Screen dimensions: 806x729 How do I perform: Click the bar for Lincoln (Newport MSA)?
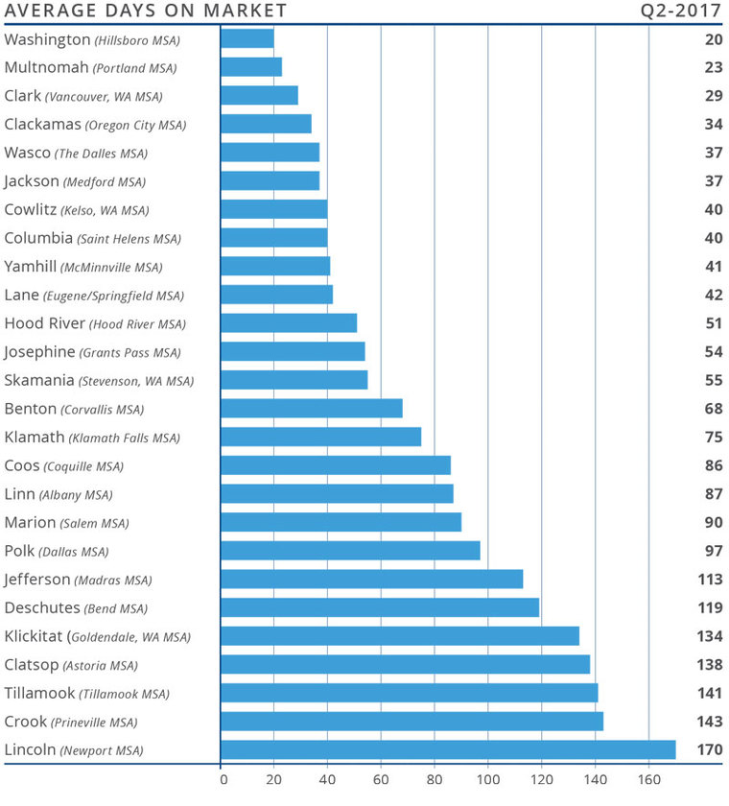click(x=448, y=749)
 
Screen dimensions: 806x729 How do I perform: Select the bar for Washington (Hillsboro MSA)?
click(x=247, y=38)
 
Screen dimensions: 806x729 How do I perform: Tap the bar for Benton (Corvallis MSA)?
click(x=312, y=409)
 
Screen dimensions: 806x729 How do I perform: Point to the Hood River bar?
click(x=289, y=323)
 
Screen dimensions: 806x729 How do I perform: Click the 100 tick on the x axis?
click(x=488, y=780)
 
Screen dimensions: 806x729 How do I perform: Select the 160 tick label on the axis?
click(x=649, y=780)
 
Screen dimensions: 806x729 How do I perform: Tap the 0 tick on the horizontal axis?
click(x=222, y=780)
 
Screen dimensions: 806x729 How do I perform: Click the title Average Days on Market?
click(x=147, y=12)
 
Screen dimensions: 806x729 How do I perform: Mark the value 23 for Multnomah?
click(x=713, y=67)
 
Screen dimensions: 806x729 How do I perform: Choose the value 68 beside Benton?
click(x=713, y=409)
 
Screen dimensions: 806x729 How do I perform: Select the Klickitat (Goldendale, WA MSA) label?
click(x=97, y=636)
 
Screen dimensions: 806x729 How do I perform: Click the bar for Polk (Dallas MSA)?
click(x=350, y=551)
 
